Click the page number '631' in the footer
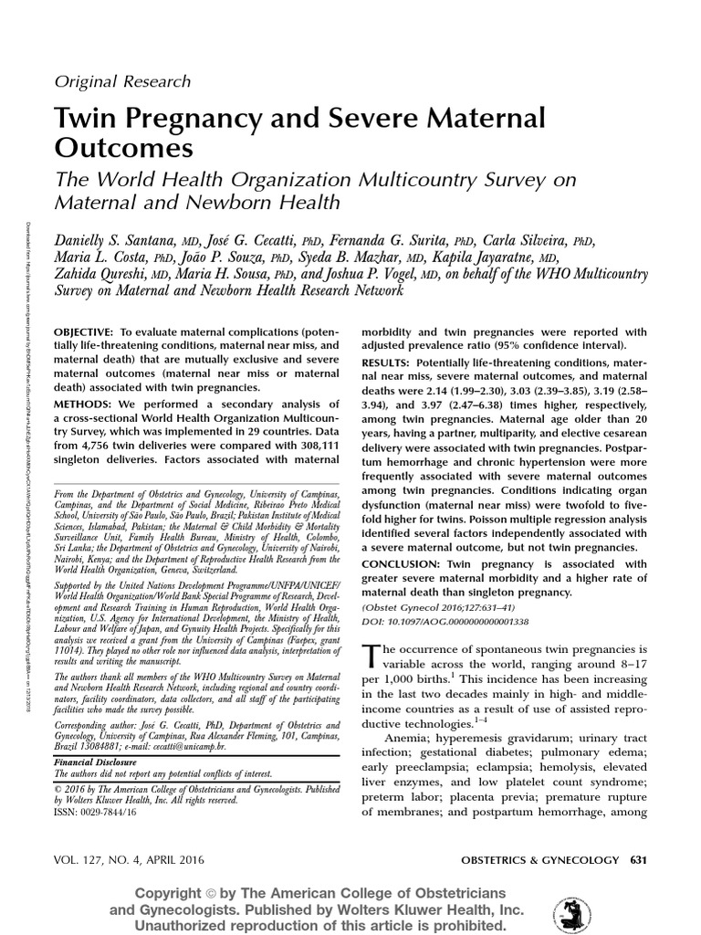click(x=637, y=860)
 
